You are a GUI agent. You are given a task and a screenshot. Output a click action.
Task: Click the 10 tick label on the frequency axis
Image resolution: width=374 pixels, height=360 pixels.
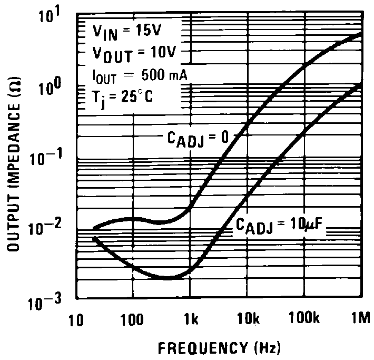(x=77, y=320)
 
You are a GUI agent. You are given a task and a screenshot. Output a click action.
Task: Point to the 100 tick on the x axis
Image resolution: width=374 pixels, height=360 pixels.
(x=132, y=320)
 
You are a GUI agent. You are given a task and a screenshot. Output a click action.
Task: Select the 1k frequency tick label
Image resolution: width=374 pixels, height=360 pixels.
(x=191, y=320)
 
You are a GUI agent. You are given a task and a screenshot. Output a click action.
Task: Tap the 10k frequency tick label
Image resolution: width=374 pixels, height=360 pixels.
(x=246, y=320)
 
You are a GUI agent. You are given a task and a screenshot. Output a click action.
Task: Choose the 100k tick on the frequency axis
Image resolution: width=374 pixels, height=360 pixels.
(x=302, y=320)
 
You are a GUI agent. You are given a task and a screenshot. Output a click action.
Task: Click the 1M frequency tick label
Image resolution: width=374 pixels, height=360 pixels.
(x=360, y=320)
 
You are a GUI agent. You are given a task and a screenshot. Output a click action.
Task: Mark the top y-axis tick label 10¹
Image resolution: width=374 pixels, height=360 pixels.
(x=57, y=17)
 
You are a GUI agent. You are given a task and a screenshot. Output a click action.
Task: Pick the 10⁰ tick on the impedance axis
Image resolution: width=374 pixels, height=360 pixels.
(x=57, y=87)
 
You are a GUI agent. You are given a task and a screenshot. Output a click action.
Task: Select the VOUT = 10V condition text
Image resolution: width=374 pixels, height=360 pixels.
(x=130, y=53)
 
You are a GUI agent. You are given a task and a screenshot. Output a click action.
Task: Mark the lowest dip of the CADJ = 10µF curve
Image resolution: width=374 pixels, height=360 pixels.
(x=168, y=277)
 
